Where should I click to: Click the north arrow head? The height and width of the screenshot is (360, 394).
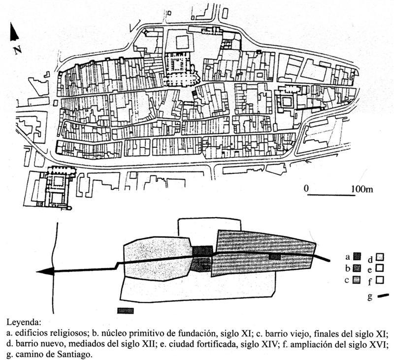coord(14,32)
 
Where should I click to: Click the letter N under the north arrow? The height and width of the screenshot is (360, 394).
coord(17,50)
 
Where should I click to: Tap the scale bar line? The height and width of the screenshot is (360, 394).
coord(331,195)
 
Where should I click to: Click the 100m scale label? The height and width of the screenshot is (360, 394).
coord(362,189)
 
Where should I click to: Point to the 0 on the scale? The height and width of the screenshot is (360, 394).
coord(306,189)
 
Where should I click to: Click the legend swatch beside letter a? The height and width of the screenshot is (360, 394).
coord(357,256)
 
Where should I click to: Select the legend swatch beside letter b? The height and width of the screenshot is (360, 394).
coord(357,268)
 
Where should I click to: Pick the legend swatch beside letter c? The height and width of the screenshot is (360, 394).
coord(357,280)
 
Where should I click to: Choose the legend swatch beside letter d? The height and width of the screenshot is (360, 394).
coord(380,257)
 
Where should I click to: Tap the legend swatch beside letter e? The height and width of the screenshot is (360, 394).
coord(380,268)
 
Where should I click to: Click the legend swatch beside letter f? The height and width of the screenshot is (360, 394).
coord(380,280)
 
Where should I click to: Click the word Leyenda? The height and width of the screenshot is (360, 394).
coord(23,322)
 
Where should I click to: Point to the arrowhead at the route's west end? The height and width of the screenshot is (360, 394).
coord(45,271)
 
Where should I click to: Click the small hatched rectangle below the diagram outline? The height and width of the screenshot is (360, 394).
coord(126,311)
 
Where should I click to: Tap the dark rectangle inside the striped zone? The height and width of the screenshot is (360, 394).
coord(275,257)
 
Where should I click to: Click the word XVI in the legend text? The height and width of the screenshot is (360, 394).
coord(378,344)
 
